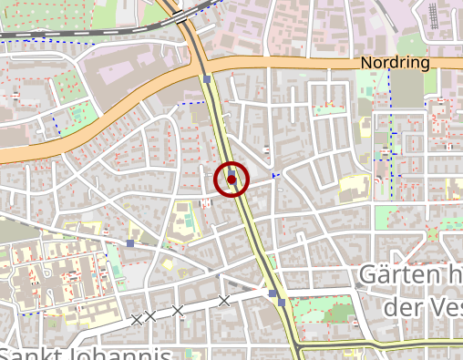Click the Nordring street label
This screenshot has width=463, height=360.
point(395,63)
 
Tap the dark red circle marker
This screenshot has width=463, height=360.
point(231,180)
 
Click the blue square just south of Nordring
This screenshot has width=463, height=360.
point(208,80)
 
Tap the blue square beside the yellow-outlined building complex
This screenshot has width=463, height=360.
point(131,243)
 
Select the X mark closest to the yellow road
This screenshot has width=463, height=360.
point(223,301)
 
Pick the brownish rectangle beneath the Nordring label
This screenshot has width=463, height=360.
point(409,87)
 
